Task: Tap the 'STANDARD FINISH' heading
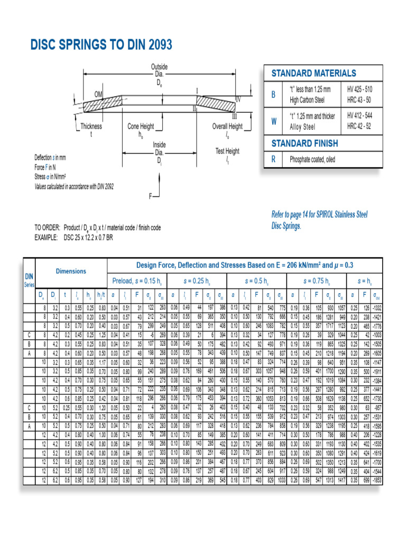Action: click(x=304, y=143)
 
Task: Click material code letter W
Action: click(x=273, y=121)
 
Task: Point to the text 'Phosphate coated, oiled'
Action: click(x=312, y=159)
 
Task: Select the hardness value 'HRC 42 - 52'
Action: click(x=359, y=126)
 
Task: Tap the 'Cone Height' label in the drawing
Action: click(x=141, y=127)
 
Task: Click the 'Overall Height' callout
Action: click(x=227, y=127)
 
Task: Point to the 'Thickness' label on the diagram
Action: click(x=91, y=127)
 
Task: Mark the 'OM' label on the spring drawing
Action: click(x=98, y=94)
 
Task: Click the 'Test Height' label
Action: click(x=227, y=151)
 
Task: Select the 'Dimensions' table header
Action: click(x=71, y=271)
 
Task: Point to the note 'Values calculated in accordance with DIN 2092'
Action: click(x=74, y=186)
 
